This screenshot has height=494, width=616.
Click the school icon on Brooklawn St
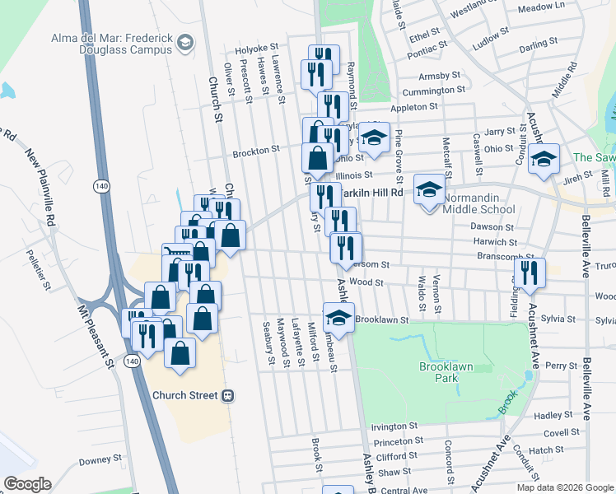pos(338,318)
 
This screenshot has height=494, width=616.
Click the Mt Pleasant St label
pos(95,333)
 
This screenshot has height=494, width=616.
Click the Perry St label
pos(560,366)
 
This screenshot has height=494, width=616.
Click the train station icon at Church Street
pos(228,395)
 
